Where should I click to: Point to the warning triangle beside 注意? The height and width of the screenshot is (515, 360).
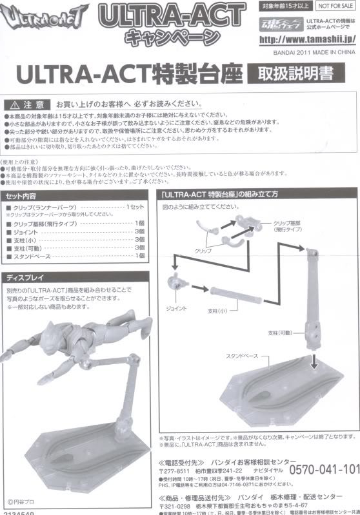click(x=15, y=104)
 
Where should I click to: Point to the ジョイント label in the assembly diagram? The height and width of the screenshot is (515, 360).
click(x=176, y=309)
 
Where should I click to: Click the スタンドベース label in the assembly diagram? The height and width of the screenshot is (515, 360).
click(x=241, y=355)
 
